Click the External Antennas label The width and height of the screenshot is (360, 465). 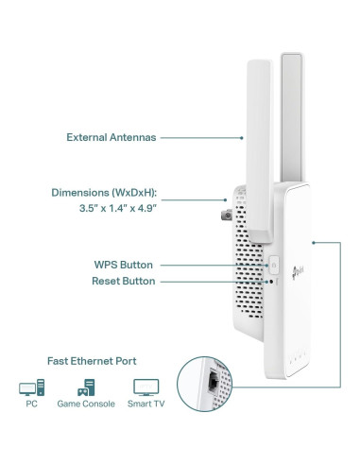[x=111, y=137]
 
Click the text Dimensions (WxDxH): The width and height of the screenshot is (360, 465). [x=104, y=193]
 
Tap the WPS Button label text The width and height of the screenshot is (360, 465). [x=123, y=265]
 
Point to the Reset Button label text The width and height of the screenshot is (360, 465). [x=123, y=282]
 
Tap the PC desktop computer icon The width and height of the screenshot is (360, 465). [x=31, y=387]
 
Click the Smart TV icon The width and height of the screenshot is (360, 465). [x=146, y=387]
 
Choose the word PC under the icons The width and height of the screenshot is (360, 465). [x=31, y=404]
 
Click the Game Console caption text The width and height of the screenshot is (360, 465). [x=87, y=404]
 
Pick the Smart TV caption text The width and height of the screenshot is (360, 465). [x=146, y=404]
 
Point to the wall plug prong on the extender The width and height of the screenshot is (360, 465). [x=224, y=204]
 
